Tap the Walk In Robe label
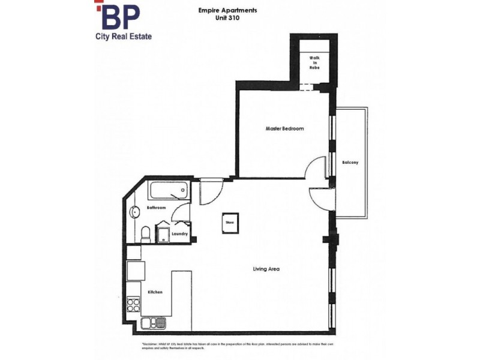314,63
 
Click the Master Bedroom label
284,129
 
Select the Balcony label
350,163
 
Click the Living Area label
266,269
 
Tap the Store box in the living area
229,221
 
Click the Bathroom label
156,208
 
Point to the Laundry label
180,233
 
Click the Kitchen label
155,292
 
